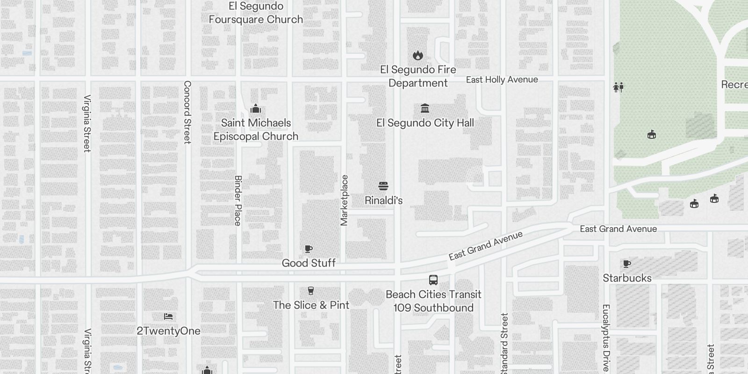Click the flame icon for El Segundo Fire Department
tap(418, 56)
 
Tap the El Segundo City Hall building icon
tap(425, 108)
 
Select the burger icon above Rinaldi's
tap(383, 186)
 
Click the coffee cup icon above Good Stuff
tap(309, 249)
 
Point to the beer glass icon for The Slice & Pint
tap(311, 291)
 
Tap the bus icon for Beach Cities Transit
tap(433, 280)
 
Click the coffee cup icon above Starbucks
tap(627, 264)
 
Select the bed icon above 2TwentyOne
tap(168, 317)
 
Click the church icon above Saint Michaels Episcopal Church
tap(255, 109)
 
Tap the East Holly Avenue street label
tap(502, 80)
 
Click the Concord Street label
tap(187, 112)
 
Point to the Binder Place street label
tap(238, 201)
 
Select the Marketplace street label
tap(345, 201)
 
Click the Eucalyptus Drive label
tap(606, 338)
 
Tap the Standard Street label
tap(504, 344)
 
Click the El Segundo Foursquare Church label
tap(256, 13)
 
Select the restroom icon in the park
tap(618, 87)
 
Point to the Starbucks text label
tap(627, 278)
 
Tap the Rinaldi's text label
tap(383, 201)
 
